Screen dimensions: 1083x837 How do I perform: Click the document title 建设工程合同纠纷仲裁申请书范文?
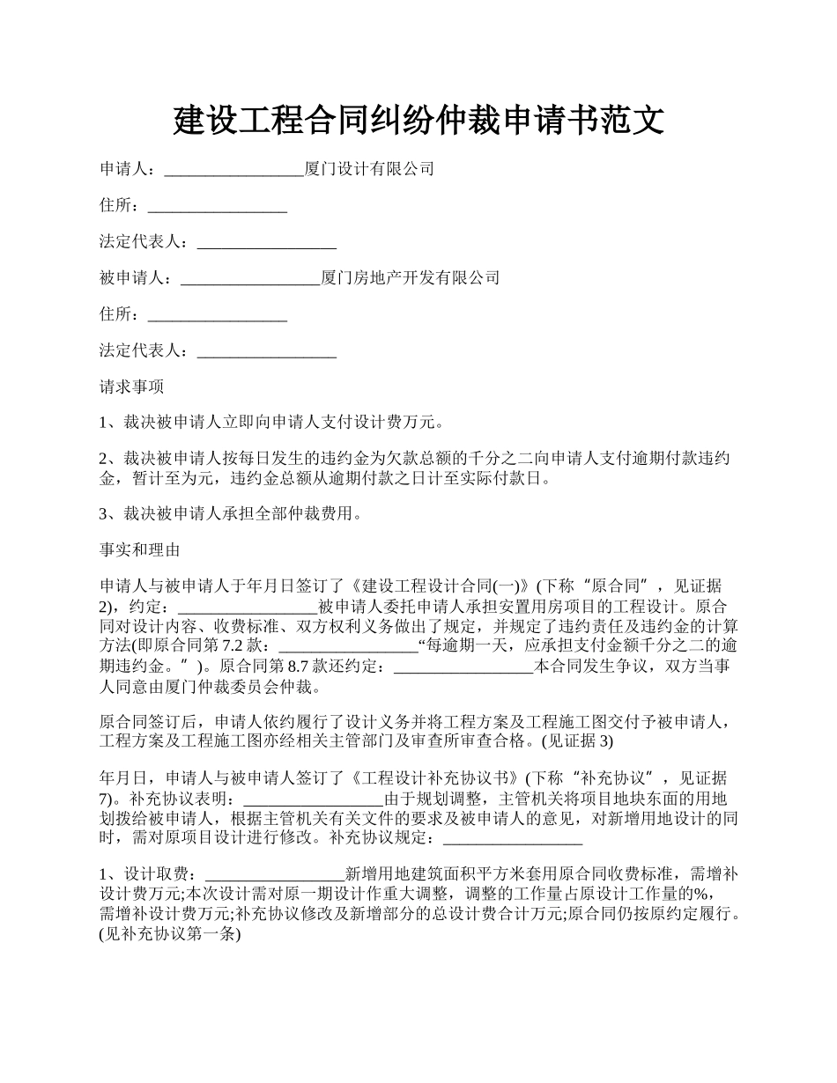pyautogui.click(x=418, y=120)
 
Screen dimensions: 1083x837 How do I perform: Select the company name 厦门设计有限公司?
pyautogui.click(x=369, y=169)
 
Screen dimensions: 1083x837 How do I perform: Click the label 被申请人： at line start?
pyautogui.click(x=139, y=278)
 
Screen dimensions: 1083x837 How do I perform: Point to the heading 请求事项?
pyautogui.click(x=131, y=387)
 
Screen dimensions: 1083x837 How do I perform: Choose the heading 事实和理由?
pyautogui.click(x=139, y=550)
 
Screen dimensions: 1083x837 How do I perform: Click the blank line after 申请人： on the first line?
pyautogui.click(x=233, y=169)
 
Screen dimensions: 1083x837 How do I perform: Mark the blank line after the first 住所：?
pyautogui.click(x=218, y=206)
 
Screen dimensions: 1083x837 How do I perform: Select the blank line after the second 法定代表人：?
pyautogui.click(x=267, y=351)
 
